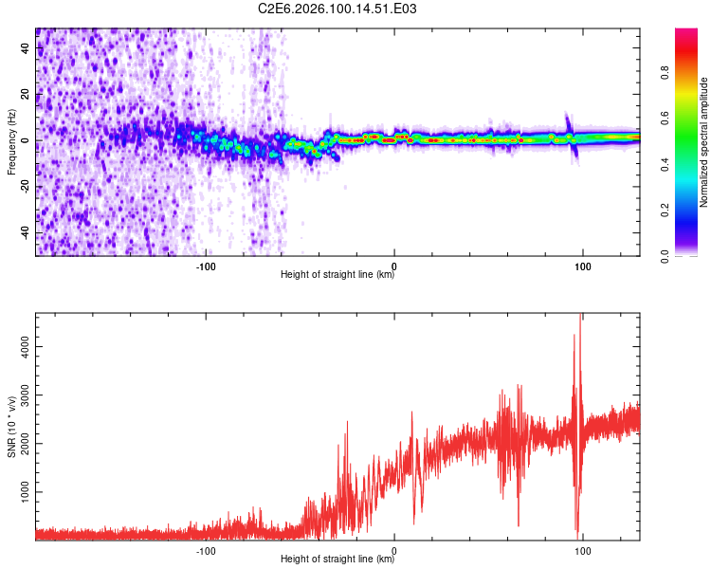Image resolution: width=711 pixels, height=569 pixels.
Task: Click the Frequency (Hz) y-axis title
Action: click(x=12, y=141)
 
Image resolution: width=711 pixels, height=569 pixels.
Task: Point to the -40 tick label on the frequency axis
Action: click(x=26, y=233)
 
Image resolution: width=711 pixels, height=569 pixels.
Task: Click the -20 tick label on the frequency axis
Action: click(x=26, y=187)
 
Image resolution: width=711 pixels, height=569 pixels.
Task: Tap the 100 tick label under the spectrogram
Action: click(x=583, y=266)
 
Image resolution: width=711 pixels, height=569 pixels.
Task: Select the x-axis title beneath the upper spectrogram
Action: click(x=337, y=276)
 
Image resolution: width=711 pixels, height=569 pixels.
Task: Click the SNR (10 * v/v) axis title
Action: click(x=12, y=427)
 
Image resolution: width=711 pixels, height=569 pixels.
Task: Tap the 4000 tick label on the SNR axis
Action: click(x=27, y=347)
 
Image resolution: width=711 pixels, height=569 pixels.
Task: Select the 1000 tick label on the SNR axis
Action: click(x=27, y=493)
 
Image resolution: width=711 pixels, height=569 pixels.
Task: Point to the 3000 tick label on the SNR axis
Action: click(x=27, y=395)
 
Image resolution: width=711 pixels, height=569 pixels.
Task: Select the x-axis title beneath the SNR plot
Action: click(x=337, y=560)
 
